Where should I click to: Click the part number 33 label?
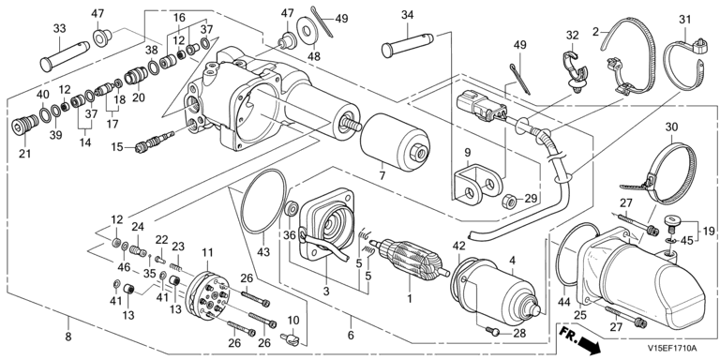(60, 29)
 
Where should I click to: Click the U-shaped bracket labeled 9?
(477, 184)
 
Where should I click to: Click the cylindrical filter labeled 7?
(395, 142)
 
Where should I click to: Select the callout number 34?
(407, 15)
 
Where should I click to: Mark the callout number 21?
(24, 153)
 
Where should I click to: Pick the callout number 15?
(116, 146)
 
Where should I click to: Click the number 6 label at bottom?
(351, 336)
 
